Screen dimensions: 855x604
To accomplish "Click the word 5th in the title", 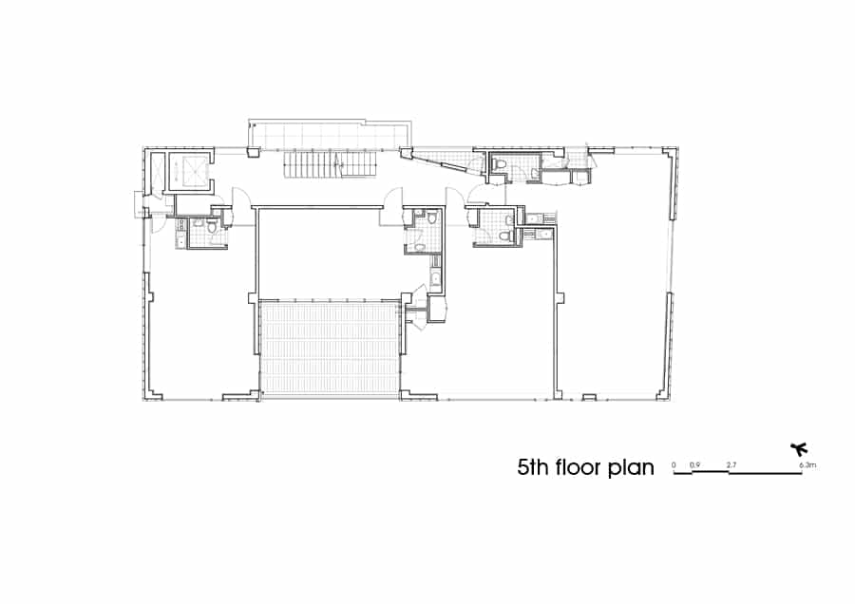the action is pos(532,467).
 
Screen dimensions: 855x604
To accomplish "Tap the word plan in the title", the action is pos(631,469).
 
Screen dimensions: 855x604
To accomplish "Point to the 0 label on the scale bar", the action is pos(674,465).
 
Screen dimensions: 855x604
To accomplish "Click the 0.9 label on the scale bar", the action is pos(694,465).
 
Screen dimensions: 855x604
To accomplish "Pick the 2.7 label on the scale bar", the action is pos(731,465).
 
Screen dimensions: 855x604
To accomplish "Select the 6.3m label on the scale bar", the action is pos(807,465).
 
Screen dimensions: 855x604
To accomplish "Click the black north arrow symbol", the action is pos(799,449).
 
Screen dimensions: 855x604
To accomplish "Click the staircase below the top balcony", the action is pos(331,164).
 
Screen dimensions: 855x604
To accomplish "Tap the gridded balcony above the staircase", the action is pos(331,135).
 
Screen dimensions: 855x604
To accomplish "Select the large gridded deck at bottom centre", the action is pos(330,349).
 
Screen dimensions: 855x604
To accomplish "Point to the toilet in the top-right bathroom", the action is pos(498,163).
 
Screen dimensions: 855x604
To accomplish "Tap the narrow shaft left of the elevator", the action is pos(157,172).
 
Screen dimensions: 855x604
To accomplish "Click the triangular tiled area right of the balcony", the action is pos(446,159).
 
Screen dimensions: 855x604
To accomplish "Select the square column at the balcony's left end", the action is pos(254,153).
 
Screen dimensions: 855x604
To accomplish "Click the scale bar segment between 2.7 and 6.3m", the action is pos(766,473).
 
